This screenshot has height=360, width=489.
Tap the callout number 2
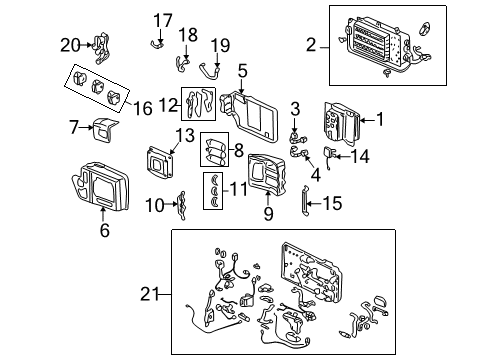pyautogui.click(x=311, y=44)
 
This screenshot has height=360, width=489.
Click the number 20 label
pyautogui.click(x=69, y=43)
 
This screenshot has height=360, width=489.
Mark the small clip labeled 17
pyautogui.click(x=156, y=41)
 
